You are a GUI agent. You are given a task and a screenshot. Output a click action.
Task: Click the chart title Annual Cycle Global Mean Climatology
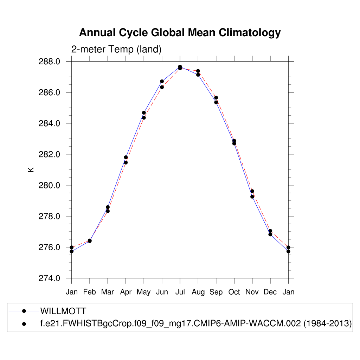[180, 33]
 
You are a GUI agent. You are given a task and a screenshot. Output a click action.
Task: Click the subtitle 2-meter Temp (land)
[116, 50]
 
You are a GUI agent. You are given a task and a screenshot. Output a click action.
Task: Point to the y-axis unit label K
[31, 169]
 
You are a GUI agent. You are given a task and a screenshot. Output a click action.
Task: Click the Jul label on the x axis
[180, 292]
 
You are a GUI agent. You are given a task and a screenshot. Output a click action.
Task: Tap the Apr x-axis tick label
[126, 292]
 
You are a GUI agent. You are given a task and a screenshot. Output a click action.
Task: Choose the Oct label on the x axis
[234, 292]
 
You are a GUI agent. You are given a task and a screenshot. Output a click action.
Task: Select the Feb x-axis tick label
[90, 292]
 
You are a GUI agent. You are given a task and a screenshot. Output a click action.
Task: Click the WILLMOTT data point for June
[162, 81]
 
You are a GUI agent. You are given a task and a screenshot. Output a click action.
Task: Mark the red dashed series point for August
[198, 71]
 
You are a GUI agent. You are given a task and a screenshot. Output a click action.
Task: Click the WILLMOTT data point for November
[252, 197]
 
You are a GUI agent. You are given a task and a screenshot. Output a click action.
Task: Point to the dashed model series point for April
[126, 162]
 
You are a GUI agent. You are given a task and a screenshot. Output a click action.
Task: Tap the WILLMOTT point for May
[144, 112]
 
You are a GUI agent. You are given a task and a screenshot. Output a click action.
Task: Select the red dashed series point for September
[216, 98]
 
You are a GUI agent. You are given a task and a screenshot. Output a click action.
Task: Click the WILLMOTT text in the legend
[63, 311]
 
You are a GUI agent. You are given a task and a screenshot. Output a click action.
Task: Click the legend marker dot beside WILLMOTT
[24, 311]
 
